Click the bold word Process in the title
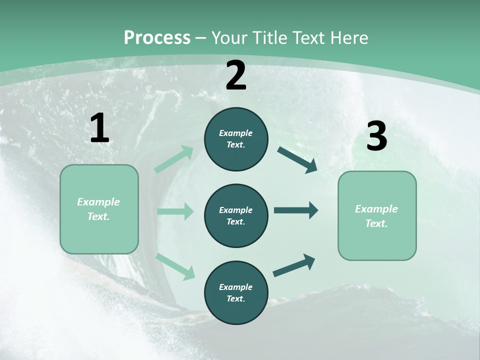pos(157,37)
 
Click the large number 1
pos(99,128)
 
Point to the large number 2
pos(236,76)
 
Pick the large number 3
pos(376,136)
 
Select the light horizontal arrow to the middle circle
pos(175,211)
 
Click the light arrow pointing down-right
pos(175,266)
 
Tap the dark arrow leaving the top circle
pos(297,160)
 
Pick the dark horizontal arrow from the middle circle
pos(296,210)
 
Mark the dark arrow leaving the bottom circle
pos(294,265)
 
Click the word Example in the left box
pos(98,202)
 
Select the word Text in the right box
pos(376,223)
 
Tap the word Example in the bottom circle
pos(235,287)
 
